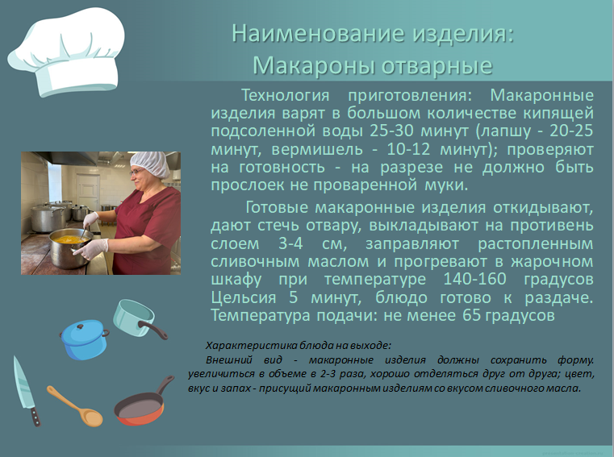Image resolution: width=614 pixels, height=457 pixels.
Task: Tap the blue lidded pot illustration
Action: (84, 339)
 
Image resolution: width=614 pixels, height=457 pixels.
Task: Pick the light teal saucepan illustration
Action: (137, 318)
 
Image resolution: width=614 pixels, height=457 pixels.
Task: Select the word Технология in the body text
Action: (285, 95)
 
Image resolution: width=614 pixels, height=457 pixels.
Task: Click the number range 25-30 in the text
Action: (391, 131)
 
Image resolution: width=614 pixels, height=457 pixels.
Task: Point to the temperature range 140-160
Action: (474, 279)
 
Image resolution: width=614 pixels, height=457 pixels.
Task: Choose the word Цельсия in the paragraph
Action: (244, 297)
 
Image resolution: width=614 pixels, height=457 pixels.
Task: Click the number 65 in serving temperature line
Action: (471, 315)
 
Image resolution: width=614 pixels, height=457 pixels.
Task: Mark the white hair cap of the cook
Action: (150, 164)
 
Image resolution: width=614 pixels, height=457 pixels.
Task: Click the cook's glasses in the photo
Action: (136, 172)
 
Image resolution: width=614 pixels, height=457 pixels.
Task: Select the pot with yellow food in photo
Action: (70, 249)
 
